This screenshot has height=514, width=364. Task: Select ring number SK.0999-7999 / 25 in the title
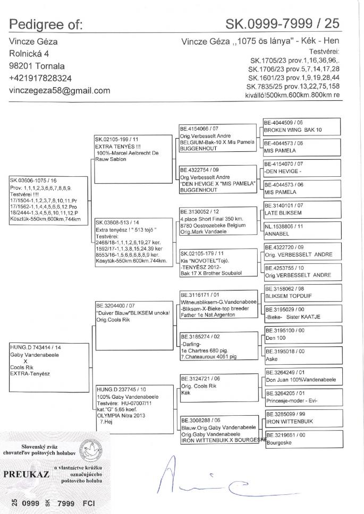tap(282, 23)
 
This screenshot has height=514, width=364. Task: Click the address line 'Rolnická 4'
tap(30, 54)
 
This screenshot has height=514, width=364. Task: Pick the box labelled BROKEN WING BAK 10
tap(300, 126)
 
